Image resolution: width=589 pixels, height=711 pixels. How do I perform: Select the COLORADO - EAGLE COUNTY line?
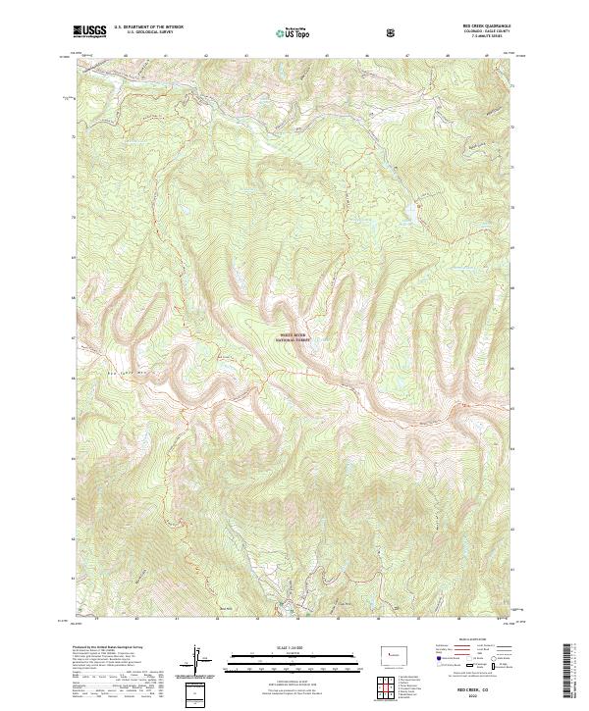(476, 33)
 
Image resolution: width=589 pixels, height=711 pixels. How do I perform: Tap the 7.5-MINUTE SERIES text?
(476, 38)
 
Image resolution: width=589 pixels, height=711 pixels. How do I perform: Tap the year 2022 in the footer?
(476, 697)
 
